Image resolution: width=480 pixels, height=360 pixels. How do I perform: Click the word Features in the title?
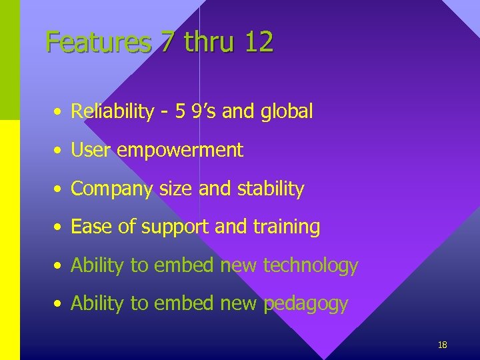point(99,43)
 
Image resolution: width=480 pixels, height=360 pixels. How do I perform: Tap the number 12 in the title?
point(259,43)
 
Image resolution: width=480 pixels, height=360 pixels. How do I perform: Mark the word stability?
point(269,189)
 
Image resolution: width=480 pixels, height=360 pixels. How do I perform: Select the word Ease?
point(92,227)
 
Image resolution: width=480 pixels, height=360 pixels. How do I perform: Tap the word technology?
point(311,267)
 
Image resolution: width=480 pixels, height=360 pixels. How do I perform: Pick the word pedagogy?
point(306,305)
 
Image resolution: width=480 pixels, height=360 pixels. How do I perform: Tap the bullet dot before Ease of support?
point(59,228)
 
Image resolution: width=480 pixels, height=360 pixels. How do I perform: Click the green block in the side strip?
point(10,60)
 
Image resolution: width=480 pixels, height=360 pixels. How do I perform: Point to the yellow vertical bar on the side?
point(10,240)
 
